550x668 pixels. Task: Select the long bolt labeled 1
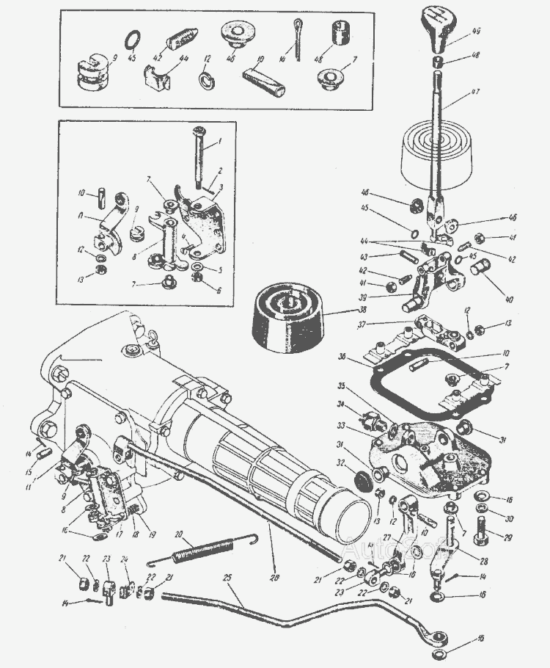[199, 156]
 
